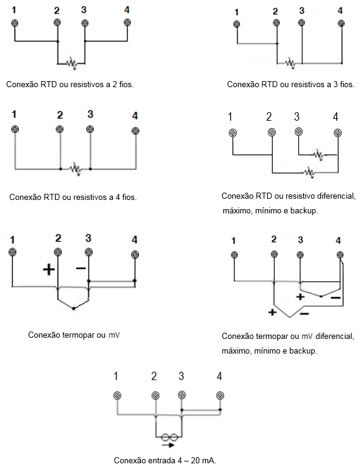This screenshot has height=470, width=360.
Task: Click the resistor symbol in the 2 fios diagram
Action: pos(72,63)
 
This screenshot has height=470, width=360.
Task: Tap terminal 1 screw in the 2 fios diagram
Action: pos(15,23)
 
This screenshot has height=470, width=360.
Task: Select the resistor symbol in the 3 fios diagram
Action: pos(290,63)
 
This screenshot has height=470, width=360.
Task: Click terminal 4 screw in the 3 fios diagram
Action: pos(341,23)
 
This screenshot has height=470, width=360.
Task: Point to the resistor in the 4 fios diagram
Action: pos(75,169)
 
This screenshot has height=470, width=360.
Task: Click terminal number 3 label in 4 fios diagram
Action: pos(90,114)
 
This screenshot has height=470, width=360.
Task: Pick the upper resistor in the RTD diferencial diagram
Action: pos(319,155)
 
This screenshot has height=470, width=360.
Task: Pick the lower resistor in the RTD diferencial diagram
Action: pos(309,173)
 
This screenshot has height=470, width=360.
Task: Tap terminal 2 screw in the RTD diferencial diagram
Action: pos(272,132)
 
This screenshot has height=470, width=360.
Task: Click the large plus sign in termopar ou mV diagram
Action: pos(49,269)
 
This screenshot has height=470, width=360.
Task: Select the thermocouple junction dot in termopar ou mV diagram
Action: pos(74,308)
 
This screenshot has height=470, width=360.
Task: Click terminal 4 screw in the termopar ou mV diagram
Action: pos(135,255)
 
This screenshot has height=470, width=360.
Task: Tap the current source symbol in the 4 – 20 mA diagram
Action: pos(170,437)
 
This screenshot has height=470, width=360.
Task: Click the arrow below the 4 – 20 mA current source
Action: pos(168,446)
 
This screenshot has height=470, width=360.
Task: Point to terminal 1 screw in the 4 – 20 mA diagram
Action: pos(117,396)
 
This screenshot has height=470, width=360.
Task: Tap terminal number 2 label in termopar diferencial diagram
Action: pos(273,239)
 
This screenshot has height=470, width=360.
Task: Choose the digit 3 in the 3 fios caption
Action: pos(336,85)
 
